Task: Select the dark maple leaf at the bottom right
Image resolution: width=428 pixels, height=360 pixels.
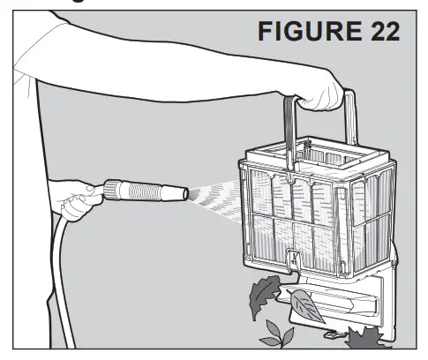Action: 361,340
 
